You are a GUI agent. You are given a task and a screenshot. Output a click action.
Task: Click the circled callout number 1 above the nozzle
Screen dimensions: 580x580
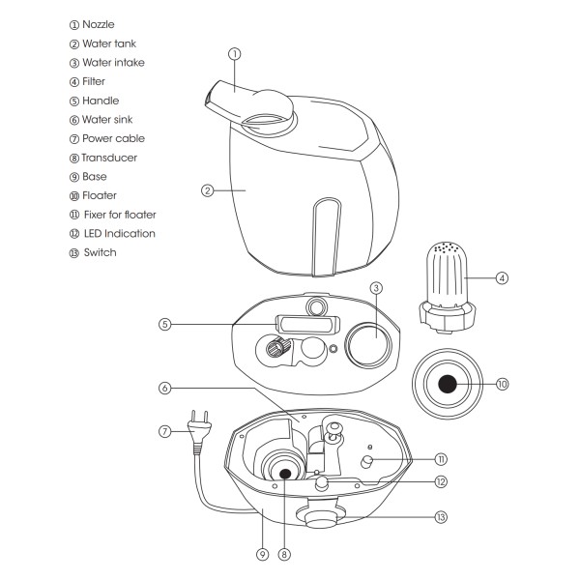pyautogui.click(x=234, y=53)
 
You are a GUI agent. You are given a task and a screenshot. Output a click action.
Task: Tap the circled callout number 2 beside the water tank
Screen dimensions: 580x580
pyautogui.click(x=206, y=190)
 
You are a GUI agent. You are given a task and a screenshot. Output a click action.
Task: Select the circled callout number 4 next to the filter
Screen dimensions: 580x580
pyautogui.click(x=502, y=278)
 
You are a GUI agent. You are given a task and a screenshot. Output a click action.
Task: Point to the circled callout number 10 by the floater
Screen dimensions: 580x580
pyautogui.click(x=502, y=384)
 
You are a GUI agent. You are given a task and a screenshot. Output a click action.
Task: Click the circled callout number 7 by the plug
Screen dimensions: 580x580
pyautogui.click(x=164, y=431)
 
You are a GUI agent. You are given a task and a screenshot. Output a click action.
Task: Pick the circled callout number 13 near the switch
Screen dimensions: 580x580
pyautogui.click(x=441, y=517)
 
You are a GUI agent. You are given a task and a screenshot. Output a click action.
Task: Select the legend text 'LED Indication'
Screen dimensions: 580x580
pyautogui.click(x=119, y=233)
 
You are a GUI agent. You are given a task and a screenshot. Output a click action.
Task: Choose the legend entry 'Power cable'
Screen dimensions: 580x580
pyautogui.click(x=113, y=138)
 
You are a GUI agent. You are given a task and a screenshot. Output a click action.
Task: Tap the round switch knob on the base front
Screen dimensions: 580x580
pyautogui.click(x=318, y=518)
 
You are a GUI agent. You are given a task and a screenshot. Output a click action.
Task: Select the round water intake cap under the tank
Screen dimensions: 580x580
pyautogui.click(x=367, y=342)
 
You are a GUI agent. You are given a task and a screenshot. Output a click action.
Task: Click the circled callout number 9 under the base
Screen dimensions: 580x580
pyautogui.click(x=261, y=555)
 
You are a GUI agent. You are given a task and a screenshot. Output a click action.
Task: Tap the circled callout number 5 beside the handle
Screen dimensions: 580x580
pyautogui.click(x=164, y=325)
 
